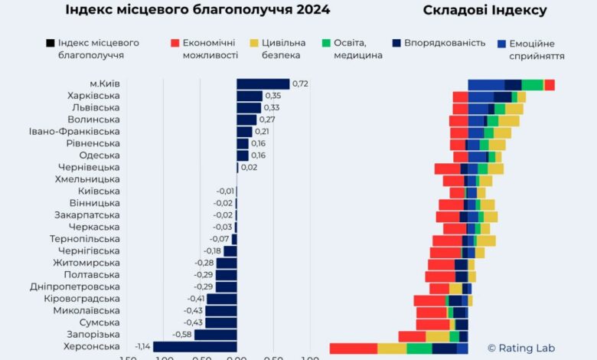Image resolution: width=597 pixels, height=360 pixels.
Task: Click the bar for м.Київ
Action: tap(263, 84)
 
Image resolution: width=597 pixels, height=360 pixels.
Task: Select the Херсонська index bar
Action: tap(194, 347)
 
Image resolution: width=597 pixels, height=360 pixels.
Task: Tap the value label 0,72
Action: tap(300, 84)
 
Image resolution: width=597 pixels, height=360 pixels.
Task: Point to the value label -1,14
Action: tap(143, 347)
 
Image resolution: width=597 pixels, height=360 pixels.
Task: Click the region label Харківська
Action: tap(93, 96)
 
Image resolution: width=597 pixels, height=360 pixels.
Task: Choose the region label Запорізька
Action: tap(93, 335)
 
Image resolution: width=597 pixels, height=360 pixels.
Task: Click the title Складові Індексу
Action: tap(484, 10)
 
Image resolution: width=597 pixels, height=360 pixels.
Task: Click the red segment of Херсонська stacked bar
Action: tap(353, 349)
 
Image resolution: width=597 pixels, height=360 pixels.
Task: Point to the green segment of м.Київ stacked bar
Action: tap(532, 85)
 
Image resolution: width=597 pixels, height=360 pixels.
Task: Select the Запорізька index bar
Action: tap(215, 335)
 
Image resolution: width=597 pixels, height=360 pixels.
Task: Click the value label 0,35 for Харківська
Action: tap(273, 96)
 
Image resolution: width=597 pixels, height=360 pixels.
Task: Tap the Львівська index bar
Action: tap(249, 108)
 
